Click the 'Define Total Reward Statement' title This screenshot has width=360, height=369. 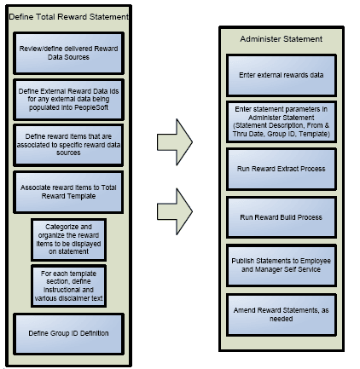point(69,16)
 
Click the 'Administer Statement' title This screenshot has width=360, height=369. point(281,38)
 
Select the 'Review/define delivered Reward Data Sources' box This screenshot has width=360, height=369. point(69,53)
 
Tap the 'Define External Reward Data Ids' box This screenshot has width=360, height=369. point(69,100)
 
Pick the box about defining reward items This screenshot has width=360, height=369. point(69,146)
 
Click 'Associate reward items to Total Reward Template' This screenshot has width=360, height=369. point(69,192)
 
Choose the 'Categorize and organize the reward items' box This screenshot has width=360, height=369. point(69,239)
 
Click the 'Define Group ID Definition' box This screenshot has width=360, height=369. point(69,333)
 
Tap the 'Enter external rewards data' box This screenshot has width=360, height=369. point(281,75)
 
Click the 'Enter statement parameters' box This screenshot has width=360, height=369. point(281,122)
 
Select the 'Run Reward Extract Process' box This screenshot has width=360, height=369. point(281,169)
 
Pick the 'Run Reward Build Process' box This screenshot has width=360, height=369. point(281,217)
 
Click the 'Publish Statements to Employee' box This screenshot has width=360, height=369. point(281,265)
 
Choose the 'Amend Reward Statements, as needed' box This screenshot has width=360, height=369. point(281,314)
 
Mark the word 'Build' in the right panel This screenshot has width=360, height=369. point(285,217)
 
